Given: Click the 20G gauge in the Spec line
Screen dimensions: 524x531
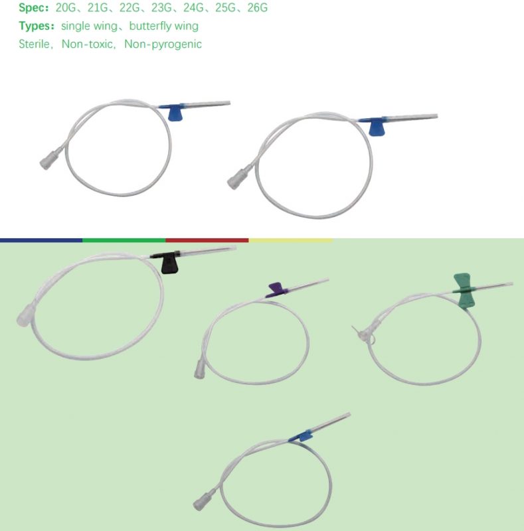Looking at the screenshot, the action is click(65, 7).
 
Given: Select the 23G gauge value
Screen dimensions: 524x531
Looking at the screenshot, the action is click(161, 7).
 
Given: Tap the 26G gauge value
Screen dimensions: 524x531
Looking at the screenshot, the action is click(257, 7).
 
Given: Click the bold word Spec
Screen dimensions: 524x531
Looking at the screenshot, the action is click(34, 8).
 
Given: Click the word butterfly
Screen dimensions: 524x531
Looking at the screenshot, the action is click(145, 26).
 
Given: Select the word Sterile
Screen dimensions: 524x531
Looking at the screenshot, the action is click(34, 44).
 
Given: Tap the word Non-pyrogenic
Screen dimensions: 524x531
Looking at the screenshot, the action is click(163, 44).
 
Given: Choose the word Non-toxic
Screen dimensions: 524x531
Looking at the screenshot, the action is click(87, 44).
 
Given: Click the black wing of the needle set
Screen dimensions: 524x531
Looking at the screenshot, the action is click(169, 263).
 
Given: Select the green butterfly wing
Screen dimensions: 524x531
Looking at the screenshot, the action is click(464, 291).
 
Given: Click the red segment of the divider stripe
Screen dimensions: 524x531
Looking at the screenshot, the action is click(207, 240).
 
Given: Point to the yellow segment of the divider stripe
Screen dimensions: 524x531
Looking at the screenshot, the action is click(290, 240).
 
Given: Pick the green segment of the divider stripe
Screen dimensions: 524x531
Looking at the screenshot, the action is click(124, 240).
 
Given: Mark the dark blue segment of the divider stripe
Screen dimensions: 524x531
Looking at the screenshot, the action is click(41, 240).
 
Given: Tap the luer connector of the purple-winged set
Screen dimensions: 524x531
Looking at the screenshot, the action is click(200, 370).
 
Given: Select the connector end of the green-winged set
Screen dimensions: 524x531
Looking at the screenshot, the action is click(363, 334).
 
